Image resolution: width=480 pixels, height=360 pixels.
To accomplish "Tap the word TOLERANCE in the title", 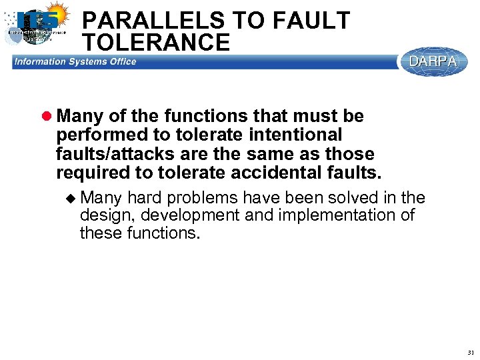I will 157,43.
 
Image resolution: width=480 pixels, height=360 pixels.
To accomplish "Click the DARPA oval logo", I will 433,61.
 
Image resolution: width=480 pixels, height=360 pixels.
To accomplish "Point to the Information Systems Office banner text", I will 75,62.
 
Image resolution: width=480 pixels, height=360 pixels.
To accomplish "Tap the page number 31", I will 471,352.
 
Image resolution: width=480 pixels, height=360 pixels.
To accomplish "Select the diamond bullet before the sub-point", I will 72,197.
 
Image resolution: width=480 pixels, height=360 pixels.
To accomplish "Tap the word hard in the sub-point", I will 145,198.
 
